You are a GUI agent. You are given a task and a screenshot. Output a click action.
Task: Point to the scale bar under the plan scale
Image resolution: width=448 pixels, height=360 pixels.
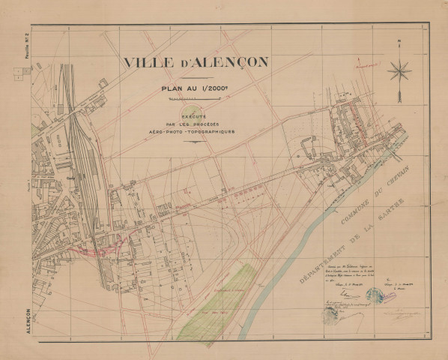(x=186, y=97)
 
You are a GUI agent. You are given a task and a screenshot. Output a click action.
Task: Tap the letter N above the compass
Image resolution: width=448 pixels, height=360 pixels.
(x=401, y=42)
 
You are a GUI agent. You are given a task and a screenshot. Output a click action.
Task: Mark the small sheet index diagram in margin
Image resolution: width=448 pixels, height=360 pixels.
(x=20, y=73)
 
